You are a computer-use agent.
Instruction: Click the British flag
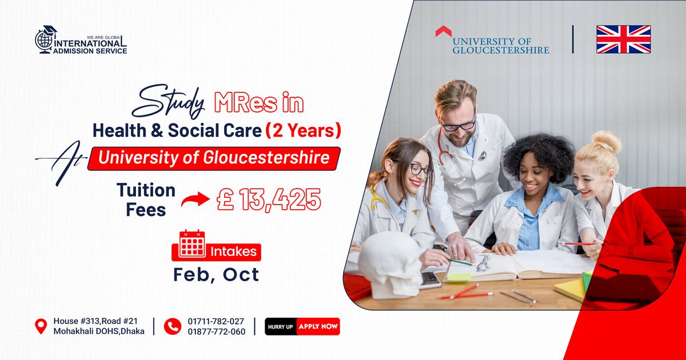coord(623,39)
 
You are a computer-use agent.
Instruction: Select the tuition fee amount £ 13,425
coord(268,199)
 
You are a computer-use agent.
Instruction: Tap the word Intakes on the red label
coord(234,251)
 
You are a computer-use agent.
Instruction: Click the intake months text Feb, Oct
coord(216,274)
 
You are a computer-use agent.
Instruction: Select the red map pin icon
coord(41,326)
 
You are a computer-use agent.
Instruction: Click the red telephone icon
coord(172,326)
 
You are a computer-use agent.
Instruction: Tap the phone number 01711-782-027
coord(216,321)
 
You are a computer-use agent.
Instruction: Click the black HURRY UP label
coord(280,327)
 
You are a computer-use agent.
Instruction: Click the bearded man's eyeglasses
coord(458,125)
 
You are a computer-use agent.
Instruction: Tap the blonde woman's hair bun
coord(607,141)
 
